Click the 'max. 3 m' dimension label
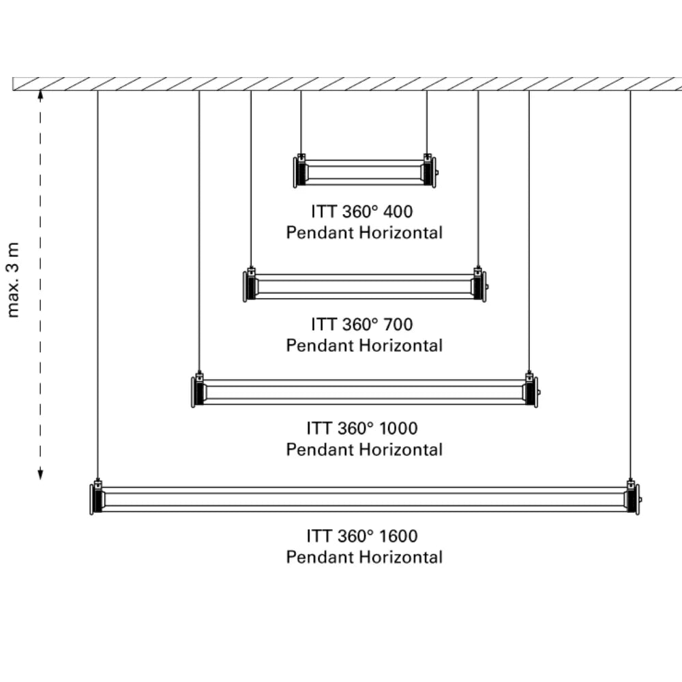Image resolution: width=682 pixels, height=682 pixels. (14, 280)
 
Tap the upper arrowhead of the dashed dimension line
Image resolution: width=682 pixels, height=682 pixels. (40, 95)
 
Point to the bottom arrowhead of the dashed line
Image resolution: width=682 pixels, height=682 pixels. (40, 474)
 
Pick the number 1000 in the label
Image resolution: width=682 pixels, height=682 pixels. (398, 428)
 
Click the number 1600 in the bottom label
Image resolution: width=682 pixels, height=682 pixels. (398, 536)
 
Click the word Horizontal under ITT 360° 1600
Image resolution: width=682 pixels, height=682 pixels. (401, 557)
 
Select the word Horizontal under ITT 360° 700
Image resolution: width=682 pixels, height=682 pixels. (401, 345)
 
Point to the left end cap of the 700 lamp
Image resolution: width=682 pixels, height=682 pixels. (250, 286)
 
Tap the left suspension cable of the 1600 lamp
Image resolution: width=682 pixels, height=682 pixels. (98, 284)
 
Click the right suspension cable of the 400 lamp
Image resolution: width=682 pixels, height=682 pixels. (427, 122)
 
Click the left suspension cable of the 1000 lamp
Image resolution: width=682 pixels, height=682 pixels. (199, 231)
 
